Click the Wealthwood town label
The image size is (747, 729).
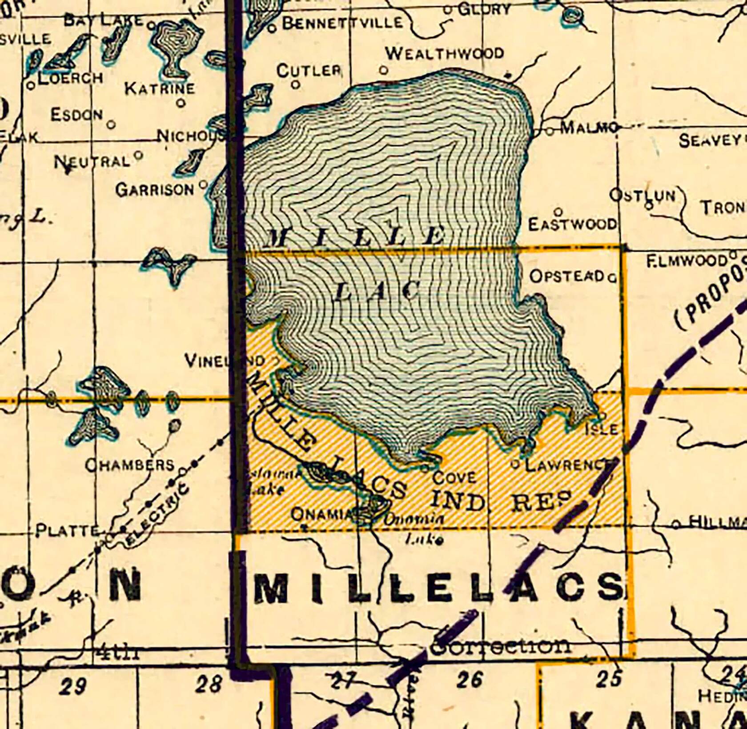444,53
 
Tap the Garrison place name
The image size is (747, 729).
155,190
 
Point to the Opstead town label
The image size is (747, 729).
567,276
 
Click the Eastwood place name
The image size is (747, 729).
572,224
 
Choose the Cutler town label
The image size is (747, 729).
309,71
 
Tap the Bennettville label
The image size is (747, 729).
342,23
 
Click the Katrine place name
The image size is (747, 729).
160,88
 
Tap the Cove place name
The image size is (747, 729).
454,477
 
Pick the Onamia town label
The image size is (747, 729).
322,514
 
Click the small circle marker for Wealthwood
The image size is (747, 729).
384,70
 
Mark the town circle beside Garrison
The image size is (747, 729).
203,183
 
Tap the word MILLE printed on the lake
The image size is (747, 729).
356,236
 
